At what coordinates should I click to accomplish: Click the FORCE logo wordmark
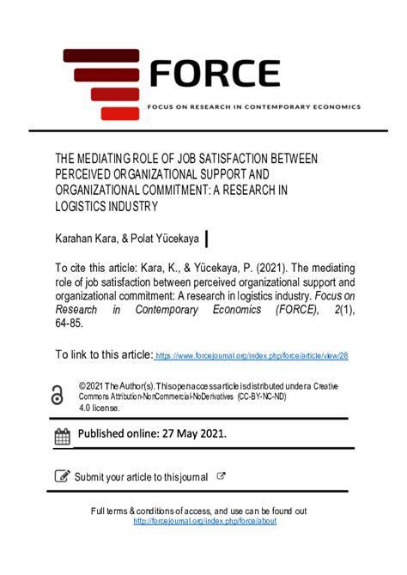(x=215, y=74)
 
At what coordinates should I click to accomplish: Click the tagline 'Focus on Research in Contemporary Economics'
(x=254, y=107)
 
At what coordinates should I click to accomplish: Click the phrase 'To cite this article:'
(x=102, y=266)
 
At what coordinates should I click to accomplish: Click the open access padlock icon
(x=58, y=395)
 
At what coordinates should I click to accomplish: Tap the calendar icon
(x=63, y=436)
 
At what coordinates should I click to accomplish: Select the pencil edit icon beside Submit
(x=63, y=475)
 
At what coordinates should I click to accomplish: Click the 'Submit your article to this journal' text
(x=141, y=476)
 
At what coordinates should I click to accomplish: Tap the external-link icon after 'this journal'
(x=222, y=475)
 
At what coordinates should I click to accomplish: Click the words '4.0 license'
(x=99, y=409)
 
